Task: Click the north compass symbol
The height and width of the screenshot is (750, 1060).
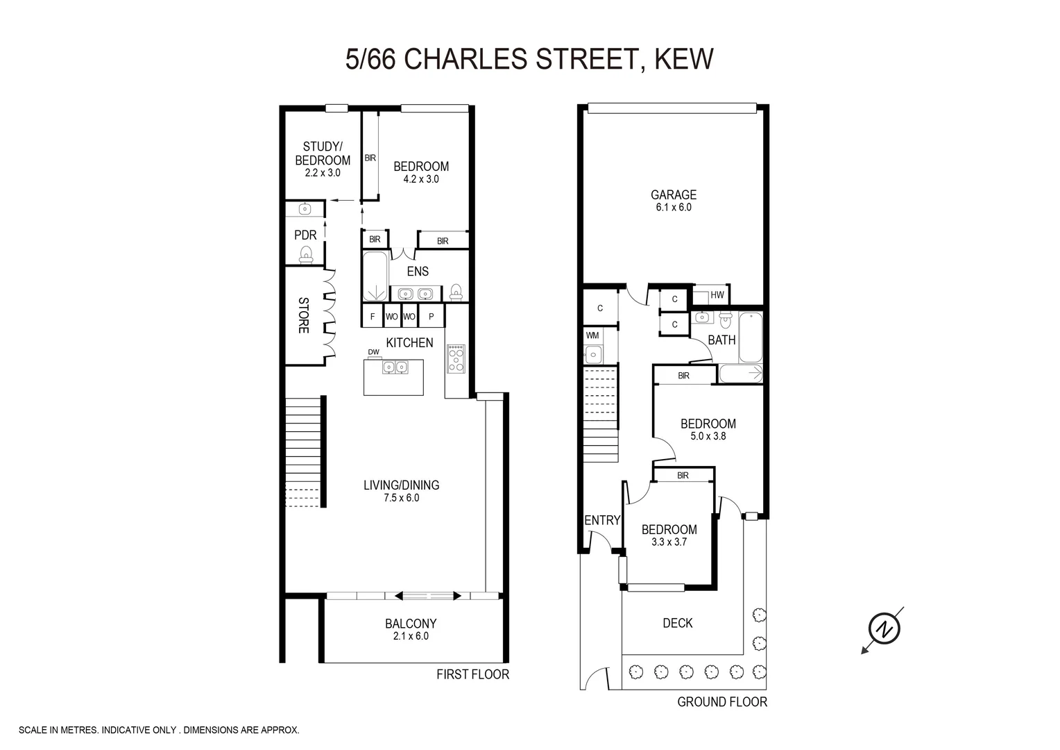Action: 884,629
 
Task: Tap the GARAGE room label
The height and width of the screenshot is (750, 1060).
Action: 673,195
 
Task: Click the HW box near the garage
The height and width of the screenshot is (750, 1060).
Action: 717,295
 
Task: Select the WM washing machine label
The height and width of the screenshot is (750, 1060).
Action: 592,335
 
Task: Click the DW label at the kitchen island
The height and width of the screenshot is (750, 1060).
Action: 374,352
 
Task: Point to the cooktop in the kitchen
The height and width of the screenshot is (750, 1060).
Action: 456,359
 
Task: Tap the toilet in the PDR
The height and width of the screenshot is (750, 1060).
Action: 305,256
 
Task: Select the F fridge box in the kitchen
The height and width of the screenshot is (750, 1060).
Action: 373,317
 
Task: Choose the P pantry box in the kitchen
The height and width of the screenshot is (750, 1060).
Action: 431,317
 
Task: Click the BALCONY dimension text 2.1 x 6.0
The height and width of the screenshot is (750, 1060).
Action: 411,636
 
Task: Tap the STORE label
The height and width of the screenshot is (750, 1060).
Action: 303,315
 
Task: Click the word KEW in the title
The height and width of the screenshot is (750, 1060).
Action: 683,60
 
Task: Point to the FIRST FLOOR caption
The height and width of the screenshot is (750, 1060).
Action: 472,674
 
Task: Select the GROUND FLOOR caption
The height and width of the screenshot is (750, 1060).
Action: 722,702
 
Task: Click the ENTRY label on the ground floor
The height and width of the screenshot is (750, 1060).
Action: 602,520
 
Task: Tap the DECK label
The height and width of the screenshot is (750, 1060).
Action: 677,623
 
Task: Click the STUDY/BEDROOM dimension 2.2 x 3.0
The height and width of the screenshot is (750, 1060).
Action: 323,173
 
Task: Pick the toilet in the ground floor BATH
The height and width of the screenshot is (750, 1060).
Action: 726,320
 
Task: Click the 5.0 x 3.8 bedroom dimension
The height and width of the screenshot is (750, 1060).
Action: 708,437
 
